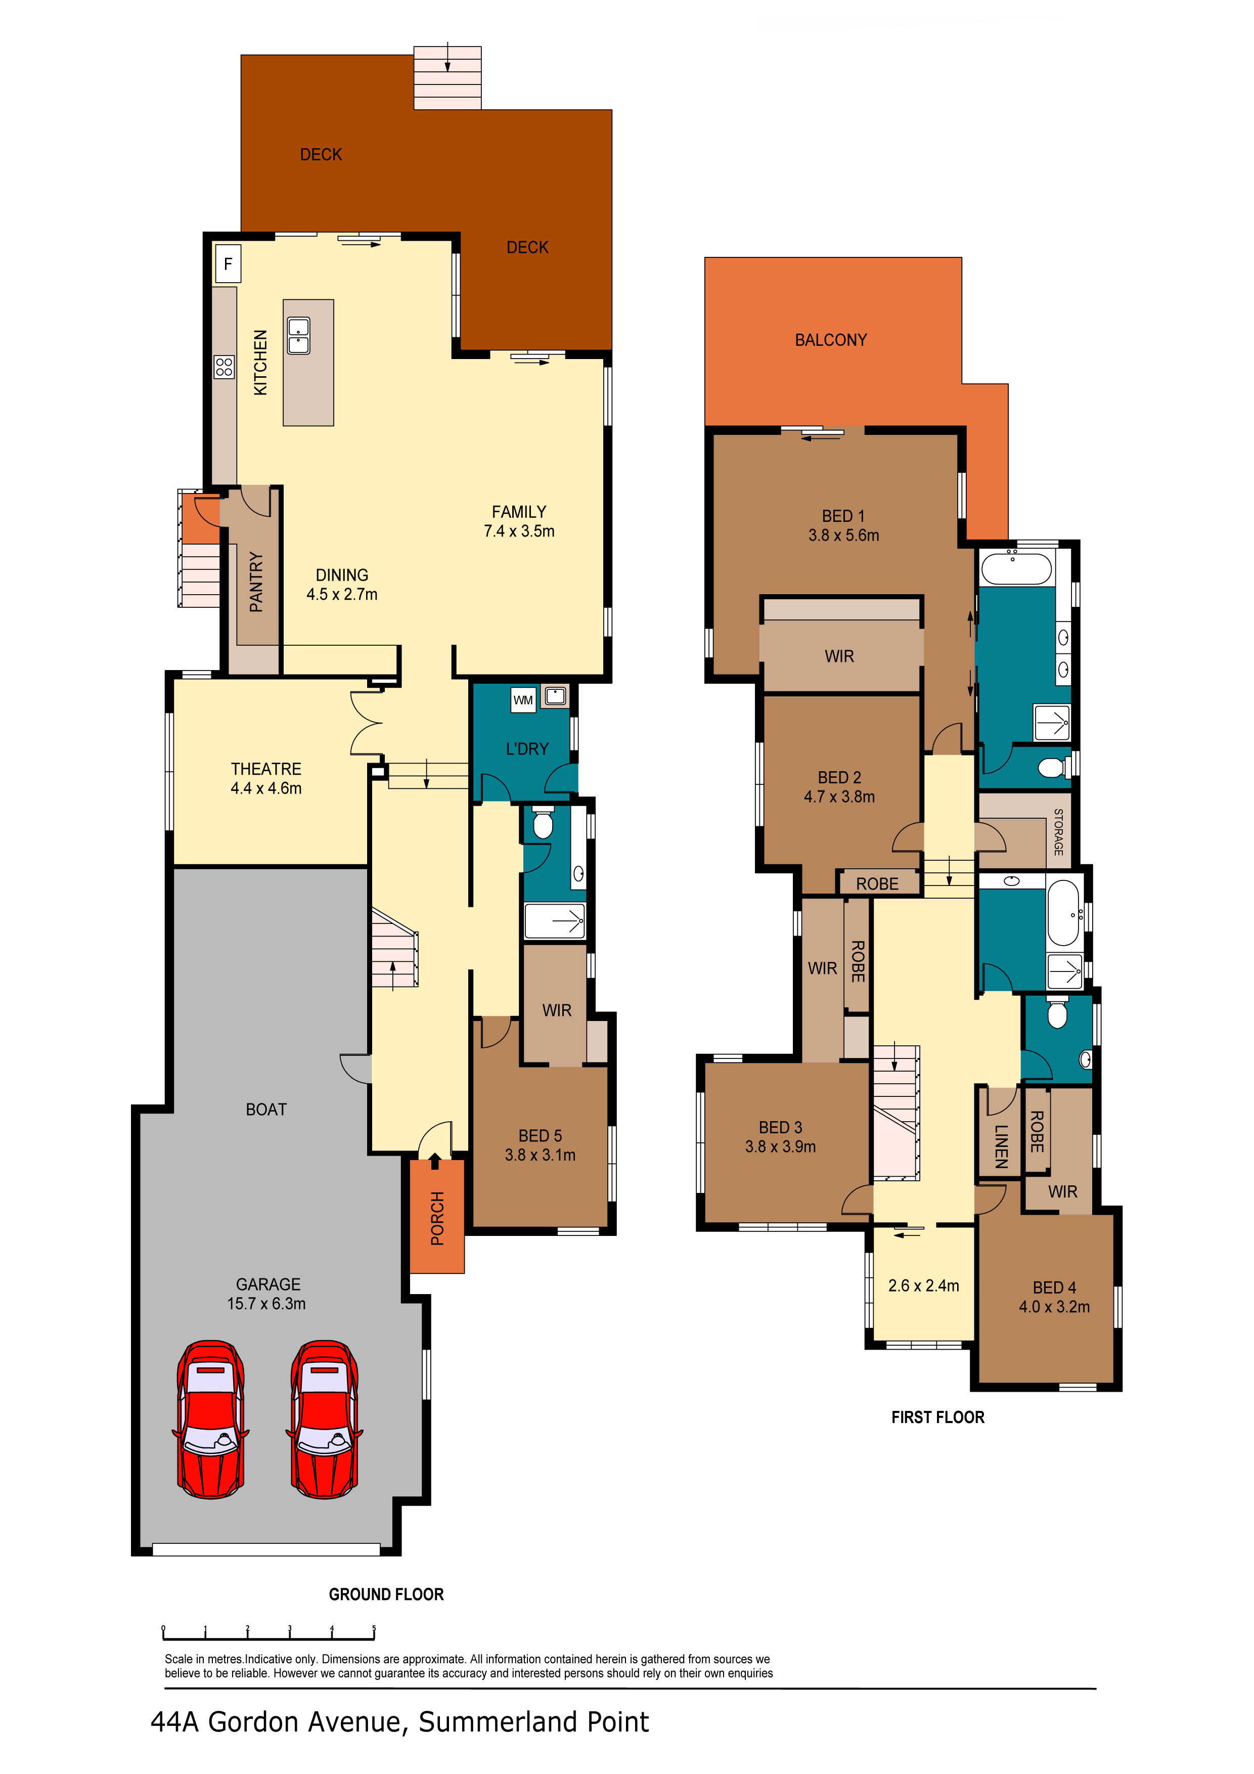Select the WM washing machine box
[523, 700]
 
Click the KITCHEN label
[260, 363]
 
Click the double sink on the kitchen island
[299, 335]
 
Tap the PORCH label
[437, 1218]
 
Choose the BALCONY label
[831, 340]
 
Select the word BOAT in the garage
[266, 1110]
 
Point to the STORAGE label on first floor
[1058, 832]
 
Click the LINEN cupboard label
[1001, 1146]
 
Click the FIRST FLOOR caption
[938, 1417]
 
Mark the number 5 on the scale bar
[374, 1628]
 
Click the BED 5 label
[540, 1136]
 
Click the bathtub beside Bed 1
[1016, 569]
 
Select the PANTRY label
[256, 582]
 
